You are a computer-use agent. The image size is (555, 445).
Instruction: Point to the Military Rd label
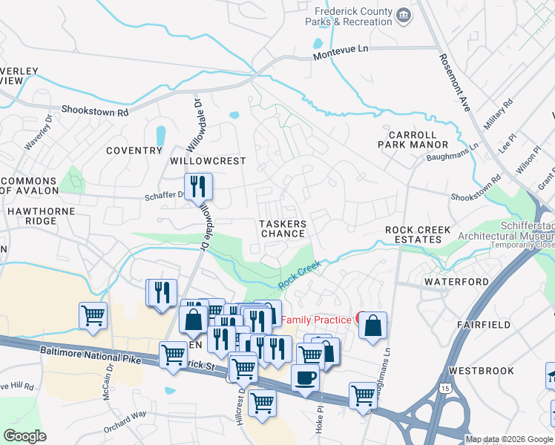pos(498,115)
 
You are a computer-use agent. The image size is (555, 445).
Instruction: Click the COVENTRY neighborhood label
pos(134,151)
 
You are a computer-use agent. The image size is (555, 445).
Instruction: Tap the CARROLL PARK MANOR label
pos(418,139)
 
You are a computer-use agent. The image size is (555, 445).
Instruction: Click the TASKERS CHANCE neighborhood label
pos(282,228)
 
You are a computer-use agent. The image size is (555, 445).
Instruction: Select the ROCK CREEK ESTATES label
pos(418,235)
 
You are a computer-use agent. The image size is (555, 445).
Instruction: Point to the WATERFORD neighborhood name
pos(456,283)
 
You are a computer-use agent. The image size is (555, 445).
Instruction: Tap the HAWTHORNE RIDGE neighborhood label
pos(32,216)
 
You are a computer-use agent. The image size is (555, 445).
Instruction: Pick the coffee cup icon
pos(305,378)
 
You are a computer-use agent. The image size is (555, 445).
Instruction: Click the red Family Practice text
pos(315,320)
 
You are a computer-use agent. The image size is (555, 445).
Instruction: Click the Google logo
pos(25,437)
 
